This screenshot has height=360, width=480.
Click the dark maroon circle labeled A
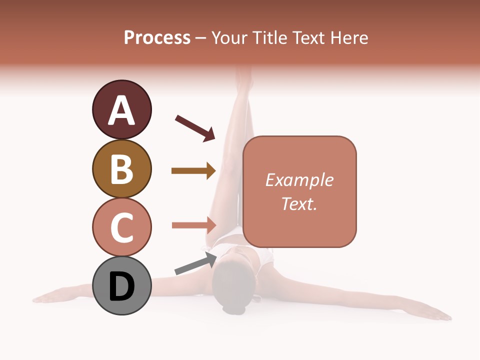pyautogui.click(x=121, y=109)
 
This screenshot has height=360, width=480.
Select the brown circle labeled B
pyautogui.click(x=121, y=168)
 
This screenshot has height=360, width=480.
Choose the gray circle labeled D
pyautogui.click(x=121, y=285)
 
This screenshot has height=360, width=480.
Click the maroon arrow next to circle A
pyautogui.click(x=194, y=128)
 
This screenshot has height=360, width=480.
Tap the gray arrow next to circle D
pyautogui.click(x=195, y=263)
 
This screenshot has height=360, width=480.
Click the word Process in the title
pyautogui.click(x=157, y=38)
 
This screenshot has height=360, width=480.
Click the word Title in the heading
pyautogui.click(x=269, y=38)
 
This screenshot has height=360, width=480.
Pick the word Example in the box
pyautogui.click(x=299, y=180)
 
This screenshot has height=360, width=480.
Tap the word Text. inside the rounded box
pyautogui.click(x=299, y=203)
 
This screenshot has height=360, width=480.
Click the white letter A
pyautogui.click(x=121, y=110)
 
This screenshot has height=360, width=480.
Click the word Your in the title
pyautogui.click(x=228, y=38)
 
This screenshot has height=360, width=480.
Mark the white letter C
pyautogui.click(x=121, y=227)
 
